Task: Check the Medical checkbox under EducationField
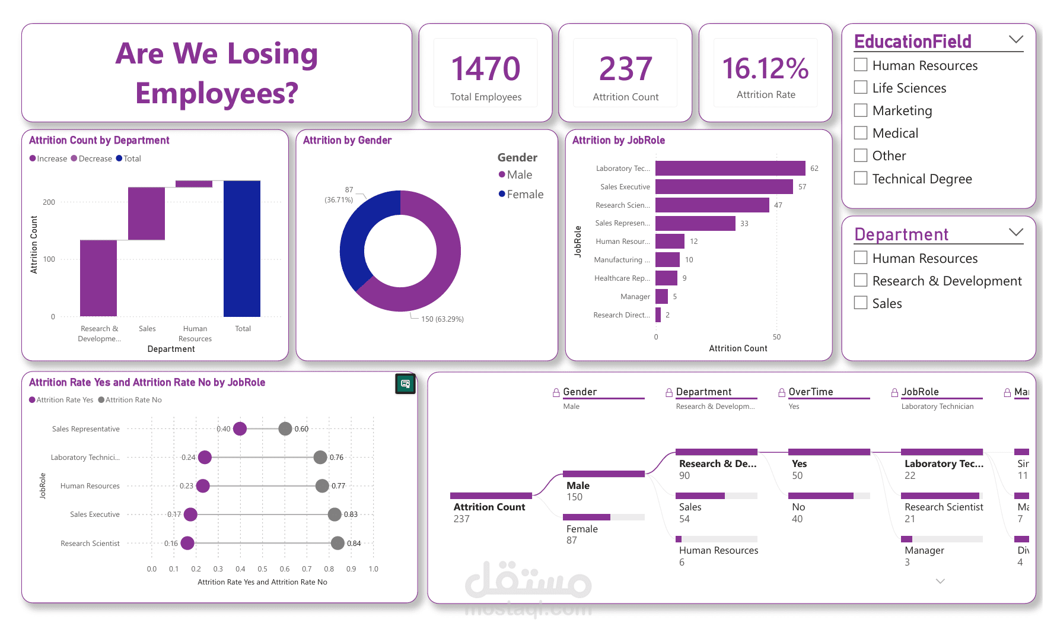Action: pyautogui.click(x=861, y=133)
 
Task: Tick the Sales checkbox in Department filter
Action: pyautogui.click(x=861, y=303)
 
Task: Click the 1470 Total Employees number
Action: pyautogui.click(x=485, y=69)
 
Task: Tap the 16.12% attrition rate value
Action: pyautogui.click(x=765, y=69)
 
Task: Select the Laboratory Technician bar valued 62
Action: pyautogui.click(x=730, y=169)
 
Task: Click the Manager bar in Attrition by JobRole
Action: pyautogui.click(x=661, y=296)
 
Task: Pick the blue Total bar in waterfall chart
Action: pyautogui.click(x=242, y=249)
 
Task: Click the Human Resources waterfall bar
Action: pyautogui.click(x=194, y=184)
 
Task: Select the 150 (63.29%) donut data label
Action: pyautogui.click(x=442, y=319)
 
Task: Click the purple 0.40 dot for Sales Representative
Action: pyautogui.click(x=240, y=428)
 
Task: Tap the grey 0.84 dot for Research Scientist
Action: pyautogui.click(x=338, y=543)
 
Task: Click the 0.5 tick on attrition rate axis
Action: pyautogui.click(x=262, y=569)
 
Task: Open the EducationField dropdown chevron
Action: pyautogui.click(x=1015, y=40)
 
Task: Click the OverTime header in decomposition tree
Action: pyautogui.click(x=810, y=392)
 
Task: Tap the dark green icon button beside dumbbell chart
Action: pyautogui.click(x=405, y=384)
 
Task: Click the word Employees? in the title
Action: pyautogui.click(x=217, y=93)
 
